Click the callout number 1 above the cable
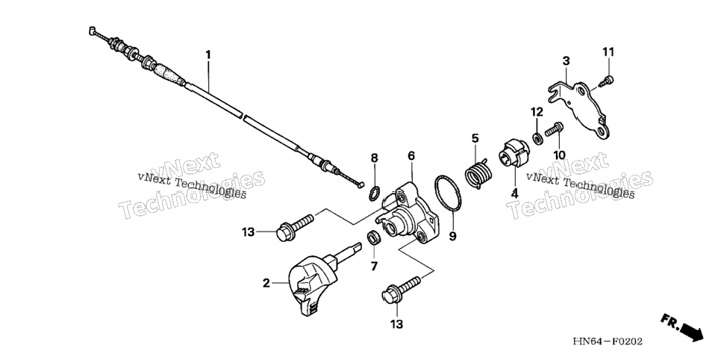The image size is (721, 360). pyautogui.click(x=207, y=55)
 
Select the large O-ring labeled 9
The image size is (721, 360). pyautogui.click(x=447, y=194)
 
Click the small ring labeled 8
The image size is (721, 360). pyautogui.click(x=375, y=192)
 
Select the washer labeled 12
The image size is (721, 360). pyautogui.click(x=536, y=137)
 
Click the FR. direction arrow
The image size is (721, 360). pyautogui.click(x=682, y=328)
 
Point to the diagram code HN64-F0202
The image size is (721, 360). pyautogui.click(x=608, y=341)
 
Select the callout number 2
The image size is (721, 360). pyautogui.click(x=266, y=282)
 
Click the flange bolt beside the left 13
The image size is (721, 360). pyautogui.click(x=295, y=227)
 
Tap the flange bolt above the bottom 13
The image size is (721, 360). pyautogui.click(x=401, y=290)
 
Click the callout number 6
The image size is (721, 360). pyautogui.click(x=411, y=155)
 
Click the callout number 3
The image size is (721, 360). pyautogui.click(x=566, y=60)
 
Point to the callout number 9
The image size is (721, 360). pyautogui.click(x=452, y=237)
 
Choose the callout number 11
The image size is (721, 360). pyautogui.click(x=608, y=52)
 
